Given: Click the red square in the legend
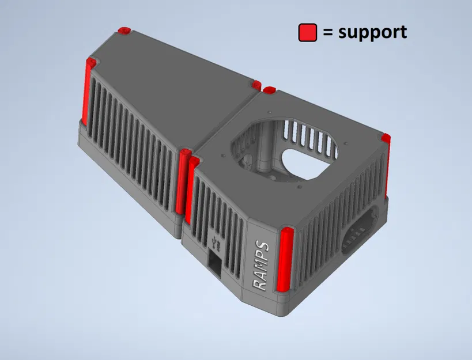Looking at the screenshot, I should click(x=308, y=33).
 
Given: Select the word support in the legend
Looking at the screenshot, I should click(x=372, y=32).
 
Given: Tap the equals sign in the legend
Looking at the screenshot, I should click(x=328, y=33).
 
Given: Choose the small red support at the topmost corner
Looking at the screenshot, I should click(x=123, y=29).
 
